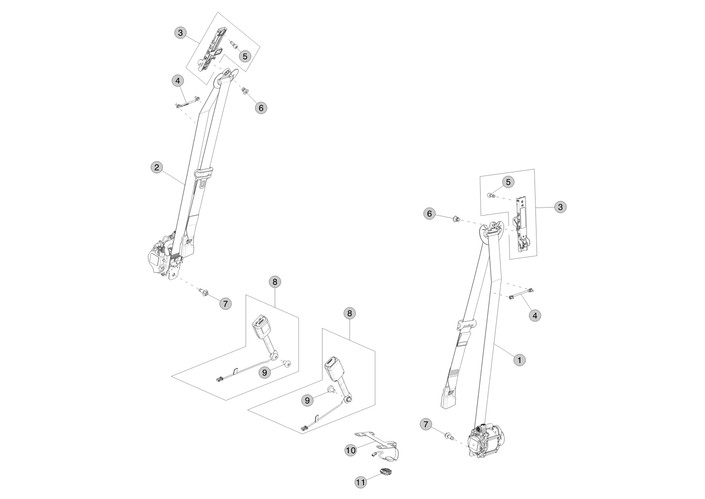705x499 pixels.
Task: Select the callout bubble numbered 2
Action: [x=157, y=167]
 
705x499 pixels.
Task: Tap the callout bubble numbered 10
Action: [x=351, y=450]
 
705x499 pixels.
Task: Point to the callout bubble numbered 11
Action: [x=360, y=482]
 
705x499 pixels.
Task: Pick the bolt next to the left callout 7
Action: [x=204, y=292]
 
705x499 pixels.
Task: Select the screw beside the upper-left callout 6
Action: [x=245, y=90]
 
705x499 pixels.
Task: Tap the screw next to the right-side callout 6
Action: [x=455, y=219]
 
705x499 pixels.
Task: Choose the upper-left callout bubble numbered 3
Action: [x=181, y=33]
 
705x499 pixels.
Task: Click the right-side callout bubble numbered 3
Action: [x=560, y=207]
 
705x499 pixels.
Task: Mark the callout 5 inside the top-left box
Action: [x=245, y=56]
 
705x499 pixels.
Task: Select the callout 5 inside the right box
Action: [x=508, y=182]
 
